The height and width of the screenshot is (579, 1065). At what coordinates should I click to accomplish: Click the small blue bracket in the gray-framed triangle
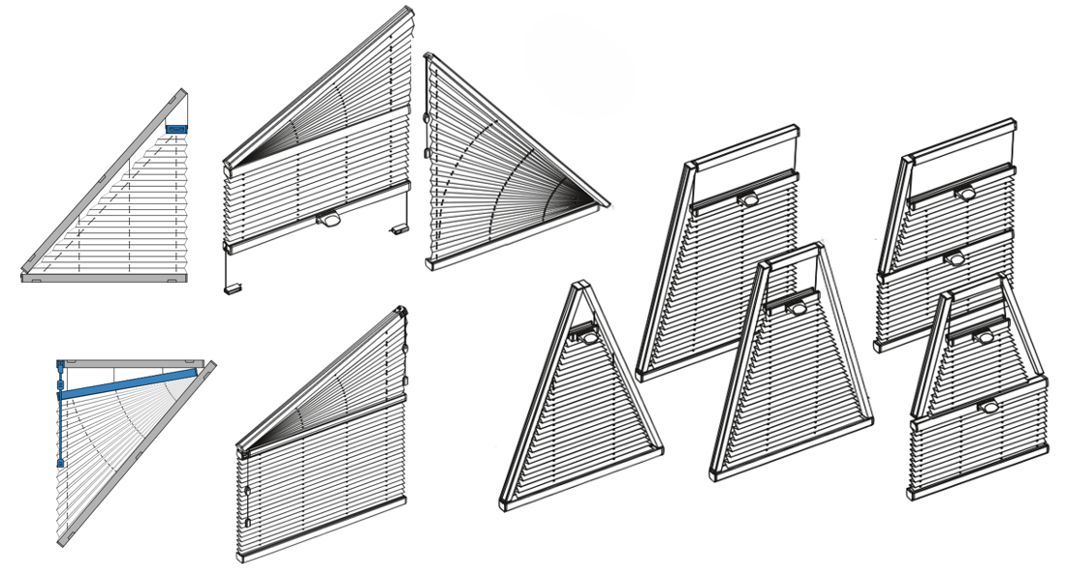tap(175, 129)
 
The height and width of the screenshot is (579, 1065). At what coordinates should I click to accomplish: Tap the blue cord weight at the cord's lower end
tap(60, 463)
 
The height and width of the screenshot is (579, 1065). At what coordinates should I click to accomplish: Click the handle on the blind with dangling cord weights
tap(329, 220)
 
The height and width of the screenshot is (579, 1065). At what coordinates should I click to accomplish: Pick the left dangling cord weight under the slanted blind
tap(233, 288)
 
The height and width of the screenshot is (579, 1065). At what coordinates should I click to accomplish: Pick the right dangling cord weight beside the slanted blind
tap(399, 229)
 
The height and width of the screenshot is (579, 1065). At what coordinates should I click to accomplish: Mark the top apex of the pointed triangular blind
tap(580, 285)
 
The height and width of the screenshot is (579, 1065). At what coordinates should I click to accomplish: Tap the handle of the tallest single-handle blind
tap(748, 199)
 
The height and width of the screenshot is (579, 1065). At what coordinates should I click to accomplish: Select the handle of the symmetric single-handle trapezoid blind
tap(798, 308)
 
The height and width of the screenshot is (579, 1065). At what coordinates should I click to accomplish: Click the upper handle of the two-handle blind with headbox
tap(965, 194)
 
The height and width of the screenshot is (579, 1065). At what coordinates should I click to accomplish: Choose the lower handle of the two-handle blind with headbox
tap(955, 259)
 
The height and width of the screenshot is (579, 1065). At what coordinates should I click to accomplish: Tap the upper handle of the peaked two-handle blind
tap(984, 337)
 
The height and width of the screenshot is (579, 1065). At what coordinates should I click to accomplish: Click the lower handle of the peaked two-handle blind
tap(988, 407)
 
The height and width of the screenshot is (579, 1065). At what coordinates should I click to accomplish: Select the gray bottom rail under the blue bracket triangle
tap(104, 278)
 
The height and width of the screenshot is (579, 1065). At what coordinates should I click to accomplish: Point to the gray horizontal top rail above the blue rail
tap(131, 364)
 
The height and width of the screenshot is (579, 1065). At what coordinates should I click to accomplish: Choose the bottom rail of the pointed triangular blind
tap(581, 479)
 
